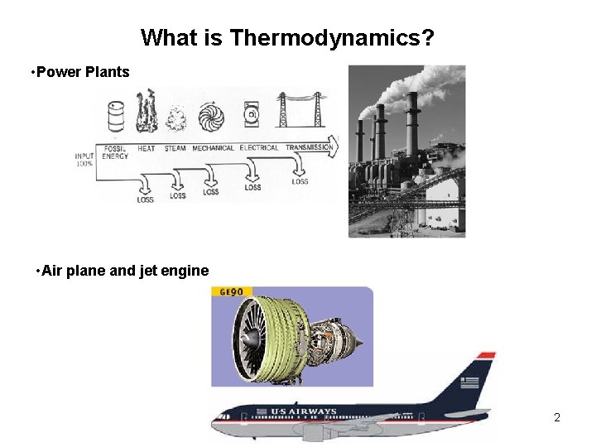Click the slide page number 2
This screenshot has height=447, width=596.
pos(557,417)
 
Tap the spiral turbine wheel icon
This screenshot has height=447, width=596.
pos(211,117)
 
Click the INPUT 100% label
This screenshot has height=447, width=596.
pos(84,160)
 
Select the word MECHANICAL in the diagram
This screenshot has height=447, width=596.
pos(214,148)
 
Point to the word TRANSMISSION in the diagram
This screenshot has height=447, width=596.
pos(309,148)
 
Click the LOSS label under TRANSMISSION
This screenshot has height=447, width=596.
pos(300,181)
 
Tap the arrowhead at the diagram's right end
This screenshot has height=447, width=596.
pos(334,147)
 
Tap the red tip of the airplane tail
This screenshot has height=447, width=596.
pos(486,355)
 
